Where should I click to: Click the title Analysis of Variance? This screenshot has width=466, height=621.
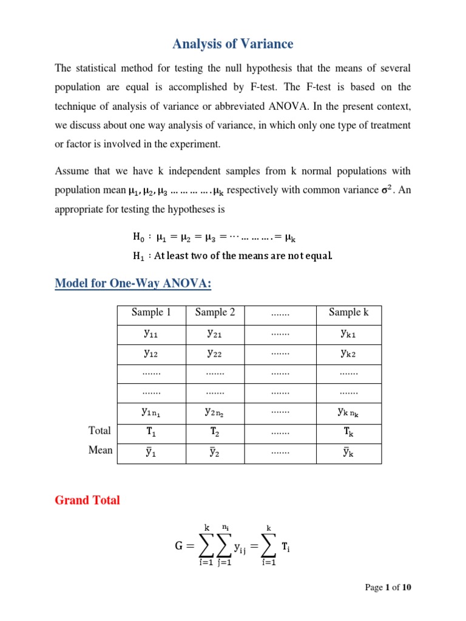pyautogui.click(x=233, y=44)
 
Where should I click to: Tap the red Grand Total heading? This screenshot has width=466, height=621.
pyautogui.click(x=87, y=500)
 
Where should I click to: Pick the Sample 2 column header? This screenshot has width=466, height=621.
pyautogui.click(x=215, y=313)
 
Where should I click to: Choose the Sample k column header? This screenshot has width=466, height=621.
pyautogui.click(x=349, y=313)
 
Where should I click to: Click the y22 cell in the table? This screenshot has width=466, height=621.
pyautogui.click(x=215, y=353)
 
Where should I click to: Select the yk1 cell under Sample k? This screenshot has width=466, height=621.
pyautogui.click(x=349, y=333)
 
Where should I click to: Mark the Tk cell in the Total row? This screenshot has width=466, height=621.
pyautogui.click(x=349, y=431)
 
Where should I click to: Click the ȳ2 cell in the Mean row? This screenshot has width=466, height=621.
pyautogui.click(x=215, y=451)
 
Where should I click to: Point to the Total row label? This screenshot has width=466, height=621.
pyautogui.click(x=100, y=431)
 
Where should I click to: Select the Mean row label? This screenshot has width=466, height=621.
pyautogui.click(x=100, y=451)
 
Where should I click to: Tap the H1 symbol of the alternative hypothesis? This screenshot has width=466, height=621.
pyautogui.click(x=139, y=256)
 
